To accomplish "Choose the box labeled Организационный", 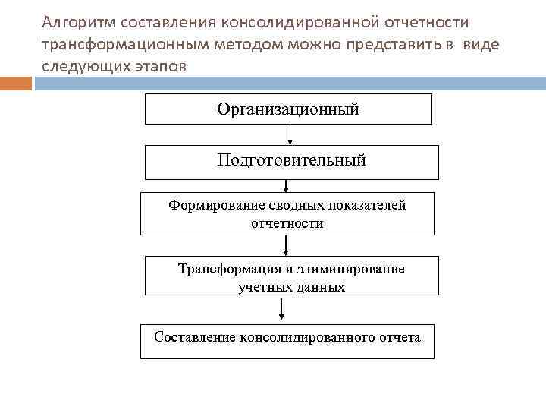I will (x=288, y=109).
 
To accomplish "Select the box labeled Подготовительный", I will (x=291, y=162).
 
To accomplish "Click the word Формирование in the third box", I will (x=209, y=205).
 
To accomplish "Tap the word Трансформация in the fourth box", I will (x=220, y=269).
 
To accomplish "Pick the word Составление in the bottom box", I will (x=194, y=336).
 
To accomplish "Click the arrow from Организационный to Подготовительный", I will (x=289, y=134).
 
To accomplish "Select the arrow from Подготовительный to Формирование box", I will (x=286, y=186).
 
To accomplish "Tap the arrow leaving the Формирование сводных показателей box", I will (x=286, y=245).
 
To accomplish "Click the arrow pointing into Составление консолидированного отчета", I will (x=282, y=310).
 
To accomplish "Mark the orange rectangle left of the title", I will (x=16, y=83).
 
